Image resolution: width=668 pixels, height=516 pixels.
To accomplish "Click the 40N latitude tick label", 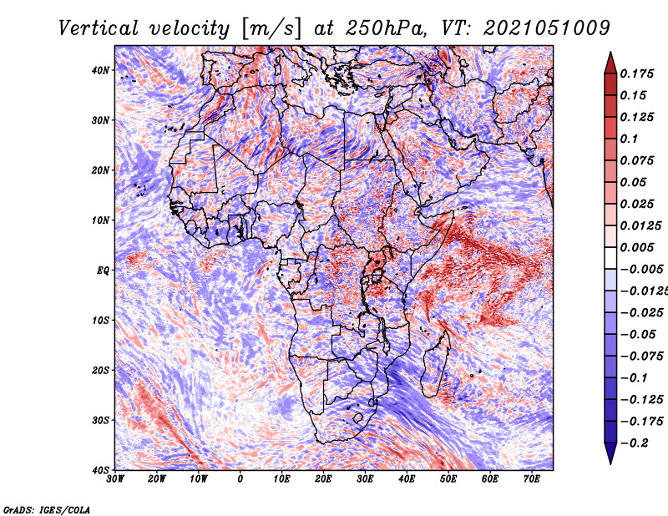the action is click(x=100, y=70).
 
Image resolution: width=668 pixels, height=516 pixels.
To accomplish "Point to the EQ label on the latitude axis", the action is click(x=103, y=271).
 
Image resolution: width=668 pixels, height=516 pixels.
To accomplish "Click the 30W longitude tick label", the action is click(x=115, y=479).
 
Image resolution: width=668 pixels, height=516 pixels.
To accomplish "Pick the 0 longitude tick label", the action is click(x=240, y=479).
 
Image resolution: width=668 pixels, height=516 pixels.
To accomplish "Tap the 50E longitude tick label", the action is click(x=448, y=479).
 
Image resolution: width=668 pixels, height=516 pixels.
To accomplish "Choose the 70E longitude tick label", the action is click(x=532, y=479).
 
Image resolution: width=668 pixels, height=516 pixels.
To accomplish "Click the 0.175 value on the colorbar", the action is click(x=636, y=73).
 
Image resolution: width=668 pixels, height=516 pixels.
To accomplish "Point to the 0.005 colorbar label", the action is click(x=636, y=247).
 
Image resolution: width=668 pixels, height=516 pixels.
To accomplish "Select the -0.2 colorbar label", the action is click(x=634, y=443).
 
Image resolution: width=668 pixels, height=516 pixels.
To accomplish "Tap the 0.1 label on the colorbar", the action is click(x=629, y=139).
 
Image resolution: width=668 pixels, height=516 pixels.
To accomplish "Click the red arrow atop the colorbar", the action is click(x=610, y=63).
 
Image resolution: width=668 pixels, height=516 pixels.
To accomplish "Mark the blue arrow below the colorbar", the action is click(x=610, y=453).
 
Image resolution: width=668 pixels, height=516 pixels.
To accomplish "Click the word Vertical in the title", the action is click(x=99, y=28).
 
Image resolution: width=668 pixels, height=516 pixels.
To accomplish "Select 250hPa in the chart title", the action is click(x=386, y=28).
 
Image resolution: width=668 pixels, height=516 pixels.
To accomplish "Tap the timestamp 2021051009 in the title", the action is click(x=547, y=28).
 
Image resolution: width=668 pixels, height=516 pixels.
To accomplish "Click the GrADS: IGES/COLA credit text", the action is click(x=47, y=509).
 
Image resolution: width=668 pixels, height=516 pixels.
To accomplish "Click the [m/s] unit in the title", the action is click(x=271, y=29).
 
